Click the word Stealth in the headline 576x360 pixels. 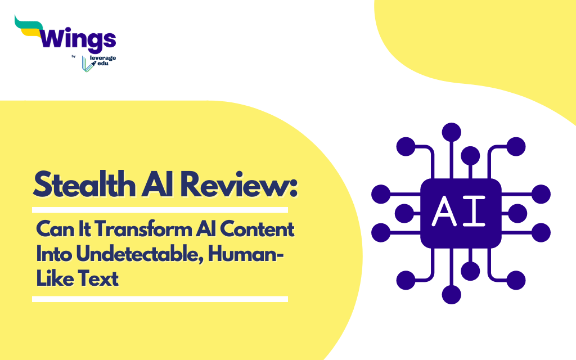84,184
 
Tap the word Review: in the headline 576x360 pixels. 238,184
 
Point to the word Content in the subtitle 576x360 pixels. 257,229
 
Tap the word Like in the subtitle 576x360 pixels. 55,278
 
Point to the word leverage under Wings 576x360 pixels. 103,58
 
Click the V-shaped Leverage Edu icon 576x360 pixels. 87,64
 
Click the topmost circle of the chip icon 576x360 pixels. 452,132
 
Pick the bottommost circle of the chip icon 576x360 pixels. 452,294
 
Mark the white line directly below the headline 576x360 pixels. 160,210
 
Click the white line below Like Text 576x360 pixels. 160,299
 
